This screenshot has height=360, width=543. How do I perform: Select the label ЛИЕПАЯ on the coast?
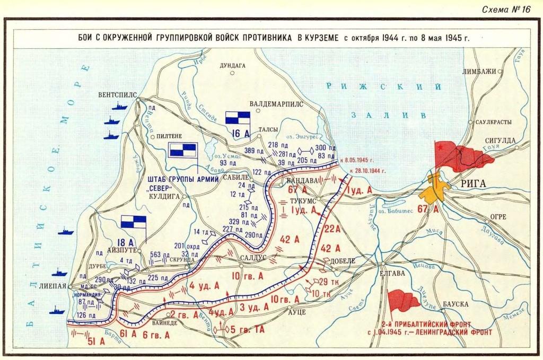point(48,286)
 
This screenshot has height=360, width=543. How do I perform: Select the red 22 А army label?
point(331,229)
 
